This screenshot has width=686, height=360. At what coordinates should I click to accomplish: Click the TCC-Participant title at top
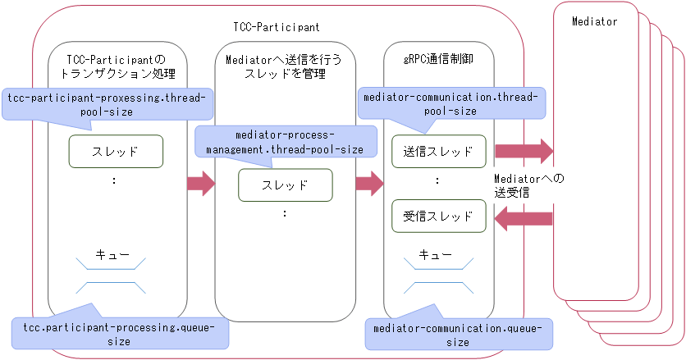[x=277, y=27]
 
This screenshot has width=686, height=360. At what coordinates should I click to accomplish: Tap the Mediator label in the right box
[x=594, y=21]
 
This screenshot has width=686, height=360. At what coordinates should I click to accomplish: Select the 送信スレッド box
[x=439, y=151]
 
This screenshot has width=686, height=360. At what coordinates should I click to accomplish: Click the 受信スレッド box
[x=439, y=216]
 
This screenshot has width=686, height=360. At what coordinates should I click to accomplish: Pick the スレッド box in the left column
[x=116, y=151]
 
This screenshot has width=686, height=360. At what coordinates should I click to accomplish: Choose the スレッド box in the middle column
[x=285, y=185]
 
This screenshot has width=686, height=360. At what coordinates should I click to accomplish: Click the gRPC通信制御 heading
[x=439, y=59]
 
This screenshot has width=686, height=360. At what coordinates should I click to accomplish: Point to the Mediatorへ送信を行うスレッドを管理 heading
[x=284, y=66]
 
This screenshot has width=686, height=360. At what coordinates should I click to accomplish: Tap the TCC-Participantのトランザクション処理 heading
[x=116, y=66]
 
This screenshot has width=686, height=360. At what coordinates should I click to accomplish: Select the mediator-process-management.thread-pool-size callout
[x=285, y=141]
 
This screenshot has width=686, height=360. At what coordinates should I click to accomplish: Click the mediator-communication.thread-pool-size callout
[x=452, y=104]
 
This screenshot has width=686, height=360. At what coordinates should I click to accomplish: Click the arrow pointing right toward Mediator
[x=524, y=151]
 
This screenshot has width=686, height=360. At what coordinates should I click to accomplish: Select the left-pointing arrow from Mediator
[x=524, y=216]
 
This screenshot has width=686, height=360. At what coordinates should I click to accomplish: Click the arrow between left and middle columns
[x=200, y=184]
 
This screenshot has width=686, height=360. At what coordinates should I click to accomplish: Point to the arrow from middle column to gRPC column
[x=369, y=184]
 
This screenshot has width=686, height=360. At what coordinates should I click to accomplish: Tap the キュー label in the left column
[x=113, y=255]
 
